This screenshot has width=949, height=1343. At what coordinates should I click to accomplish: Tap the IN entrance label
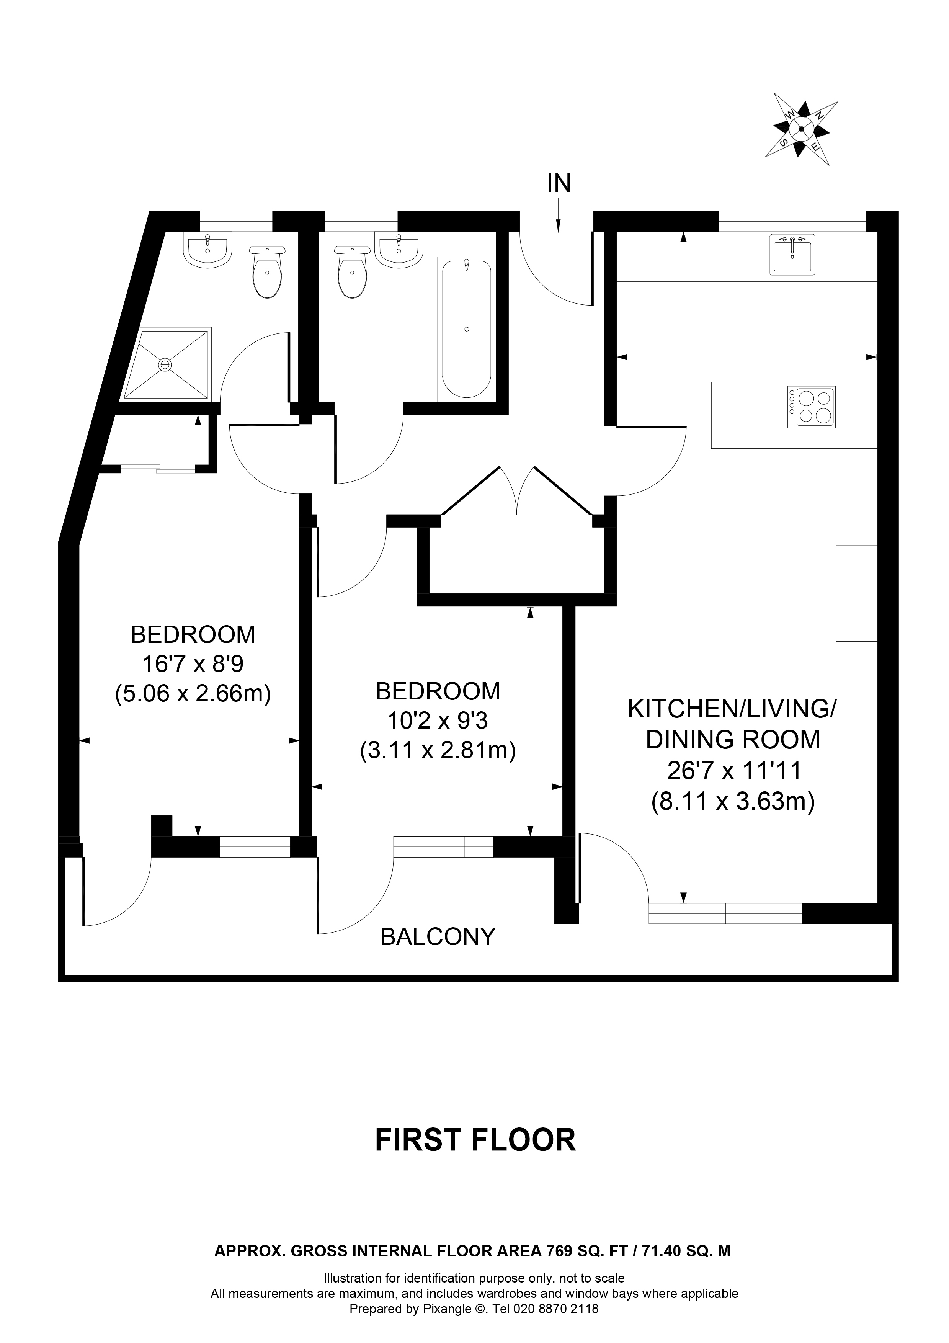coord(559,184)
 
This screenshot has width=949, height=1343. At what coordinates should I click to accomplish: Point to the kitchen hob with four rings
coord(812,407)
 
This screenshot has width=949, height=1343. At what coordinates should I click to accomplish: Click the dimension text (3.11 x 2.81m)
coord(438,750)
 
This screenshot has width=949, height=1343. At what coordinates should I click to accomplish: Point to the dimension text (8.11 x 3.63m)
coord(733,801)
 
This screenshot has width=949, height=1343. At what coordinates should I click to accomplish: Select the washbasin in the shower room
coord(208,250)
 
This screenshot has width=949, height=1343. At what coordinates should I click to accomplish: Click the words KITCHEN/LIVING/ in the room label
coord(732,709)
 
